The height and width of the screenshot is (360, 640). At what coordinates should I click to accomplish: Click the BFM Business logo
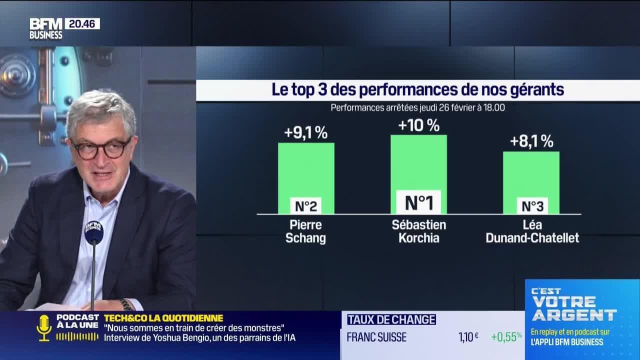click(x=45, y=28)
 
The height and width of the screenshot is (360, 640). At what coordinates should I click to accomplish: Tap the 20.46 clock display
click(x=82, y=23)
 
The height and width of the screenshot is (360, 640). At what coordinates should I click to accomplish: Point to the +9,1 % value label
click(x=306, y=132)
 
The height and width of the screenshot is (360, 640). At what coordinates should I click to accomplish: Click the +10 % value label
click(x=418, y=125)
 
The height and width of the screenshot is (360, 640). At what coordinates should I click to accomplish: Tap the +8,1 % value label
click(x=531, y=141)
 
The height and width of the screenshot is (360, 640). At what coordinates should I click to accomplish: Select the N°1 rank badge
click(x=418, y=202)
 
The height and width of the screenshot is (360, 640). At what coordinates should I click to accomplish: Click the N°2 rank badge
click(x=306, y=205)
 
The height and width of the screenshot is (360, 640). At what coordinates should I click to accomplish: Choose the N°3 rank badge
click(x=532, y=205)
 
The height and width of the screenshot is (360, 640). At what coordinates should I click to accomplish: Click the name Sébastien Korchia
click(x=419, y=231)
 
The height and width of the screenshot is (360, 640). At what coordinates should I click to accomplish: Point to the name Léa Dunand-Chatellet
click(x=532, y=231)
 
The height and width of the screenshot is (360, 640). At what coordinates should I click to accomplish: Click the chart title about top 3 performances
click(x=417, y=90)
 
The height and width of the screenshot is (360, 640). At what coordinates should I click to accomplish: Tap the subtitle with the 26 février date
click(x=417, y=107)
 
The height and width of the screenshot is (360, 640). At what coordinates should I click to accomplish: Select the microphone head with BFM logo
click(x=93, y=231)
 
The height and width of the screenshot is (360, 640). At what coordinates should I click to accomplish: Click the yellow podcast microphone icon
click(x=44, y=328)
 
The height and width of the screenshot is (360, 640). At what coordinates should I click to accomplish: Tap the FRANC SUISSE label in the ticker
click(x=376, y=337)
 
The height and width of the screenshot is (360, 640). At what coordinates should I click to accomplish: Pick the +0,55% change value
click(x=506, y=337)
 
